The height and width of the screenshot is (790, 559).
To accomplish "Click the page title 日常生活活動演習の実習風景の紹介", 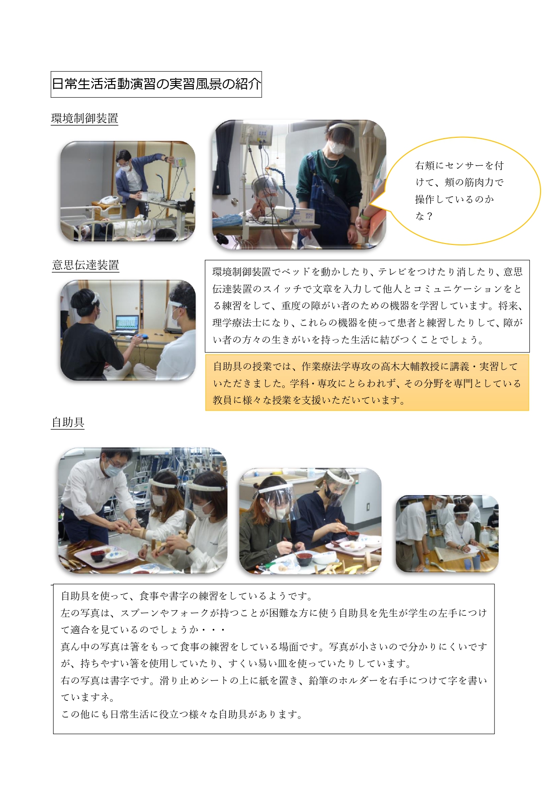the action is point(156,84).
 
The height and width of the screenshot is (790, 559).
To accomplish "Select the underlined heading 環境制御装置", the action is point(85,118).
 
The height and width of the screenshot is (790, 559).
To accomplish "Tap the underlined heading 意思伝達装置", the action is point(86,265).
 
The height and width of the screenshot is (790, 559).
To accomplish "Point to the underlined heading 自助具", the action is point(68,422).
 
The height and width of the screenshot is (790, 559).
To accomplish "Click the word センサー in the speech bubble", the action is point(464,166).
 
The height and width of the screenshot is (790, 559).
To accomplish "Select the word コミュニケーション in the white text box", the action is point(456,289).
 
